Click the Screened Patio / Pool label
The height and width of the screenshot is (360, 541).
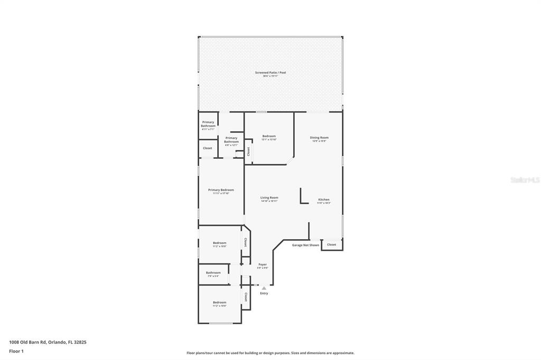(270, 72)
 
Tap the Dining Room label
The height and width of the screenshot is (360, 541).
(319, 137)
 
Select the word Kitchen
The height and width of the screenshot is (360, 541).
(323, 200)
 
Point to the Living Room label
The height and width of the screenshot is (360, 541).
(269, 197)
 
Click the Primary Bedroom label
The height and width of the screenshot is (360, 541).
(221, 190)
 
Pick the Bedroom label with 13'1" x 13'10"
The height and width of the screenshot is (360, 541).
(269, 136)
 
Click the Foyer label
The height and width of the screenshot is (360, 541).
(263, 264)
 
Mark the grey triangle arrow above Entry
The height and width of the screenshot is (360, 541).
(264, 288)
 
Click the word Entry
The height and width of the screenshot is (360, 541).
(264, 293)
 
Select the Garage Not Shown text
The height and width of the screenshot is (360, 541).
(305, 245)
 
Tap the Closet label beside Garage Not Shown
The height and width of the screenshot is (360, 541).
(331, 244)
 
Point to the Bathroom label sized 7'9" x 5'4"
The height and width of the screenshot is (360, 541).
(213, 272)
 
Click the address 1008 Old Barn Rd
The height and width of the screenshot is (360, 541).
(48, 342)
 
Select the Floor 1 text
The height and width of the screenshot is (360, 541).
(16, 351)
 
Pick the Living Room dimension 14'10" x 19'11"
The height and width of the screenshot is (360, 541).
(269, 201)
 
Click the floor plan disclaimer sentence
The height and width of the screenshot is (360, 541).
(270, 353)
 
